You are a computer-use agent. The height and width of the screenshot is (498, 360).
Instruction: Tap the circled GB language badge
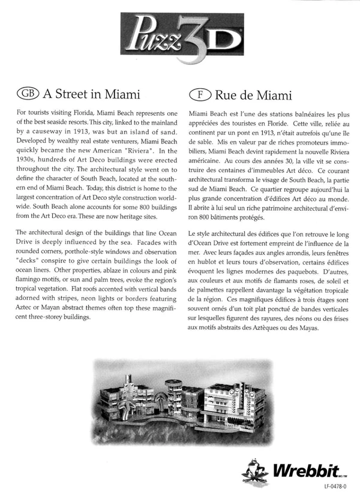pyautogui.click(x=28, y=94)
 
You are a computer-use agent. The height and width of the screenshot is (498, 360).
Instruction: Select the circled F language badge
pyautogui.click(x=198, y=94)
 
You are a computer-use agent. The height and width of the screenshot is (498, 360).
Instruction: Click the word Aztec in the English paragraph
pyautogui.click(x=26, y=308)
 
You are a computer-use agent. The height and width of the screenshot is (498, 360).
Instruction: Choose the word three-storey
pyautogui.click(x=53, y=317)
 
